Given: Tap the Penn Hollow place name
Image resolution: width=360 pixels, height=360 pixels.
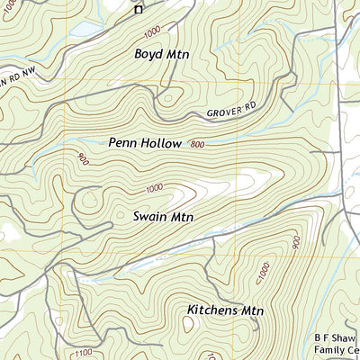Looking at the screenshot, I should (x=145, y=142).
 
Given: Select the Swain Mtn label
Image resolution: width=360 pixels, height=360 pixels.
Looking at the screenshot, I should (x=164, y=217).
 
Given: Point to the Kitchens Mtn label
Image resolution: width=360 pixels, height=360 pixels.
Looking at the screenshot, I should (x=225, y=310).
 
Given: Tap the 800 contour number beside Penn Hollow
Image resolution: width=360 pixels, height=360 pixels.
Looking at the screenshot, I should (x=198, y=144).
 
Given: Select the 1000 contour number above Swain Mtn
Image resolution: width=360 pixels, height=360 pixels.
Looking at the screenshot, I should (x=155, y=188).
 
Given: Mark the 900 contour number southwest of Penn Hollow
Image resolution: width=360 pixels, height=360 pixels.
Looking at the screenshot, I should (x=84, y=161).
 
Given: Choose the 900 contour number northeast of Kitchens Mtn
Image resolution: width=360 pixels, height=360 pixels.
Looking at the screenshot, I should (x=295, y=243).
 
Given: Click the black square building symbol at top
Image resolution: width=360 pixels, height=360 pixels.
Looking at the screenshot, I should (x=139, y=10).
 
